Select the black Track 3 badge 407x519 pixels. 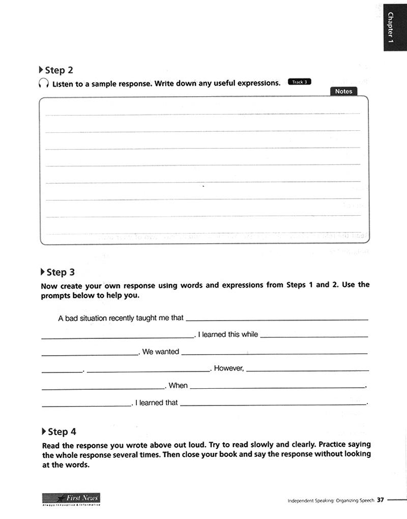[299, 82]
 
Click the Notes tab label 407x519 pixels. [344, 91]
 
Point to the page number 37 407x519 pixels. [380, 500]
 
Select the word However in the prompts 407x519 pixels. [229, 368]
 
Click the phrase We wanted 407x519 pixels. [161, 352]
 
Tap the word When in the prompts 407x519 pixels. [178, 385]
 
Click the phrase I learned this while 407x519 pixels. [228, 334]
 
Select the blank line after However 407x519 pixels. [307, 370]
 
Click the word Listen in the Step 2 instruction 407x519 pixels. [63, 84]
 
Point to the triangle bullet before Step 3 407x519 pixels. [43, 272]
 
